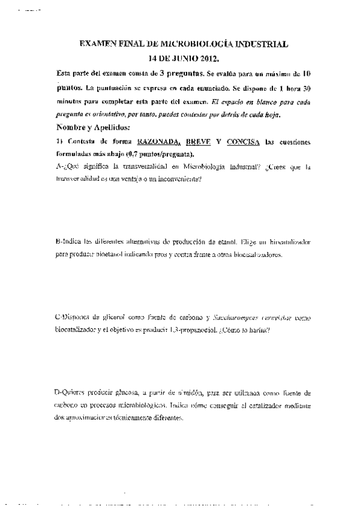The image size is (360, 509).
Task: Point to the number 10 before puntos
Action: (x=305, y=73)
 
